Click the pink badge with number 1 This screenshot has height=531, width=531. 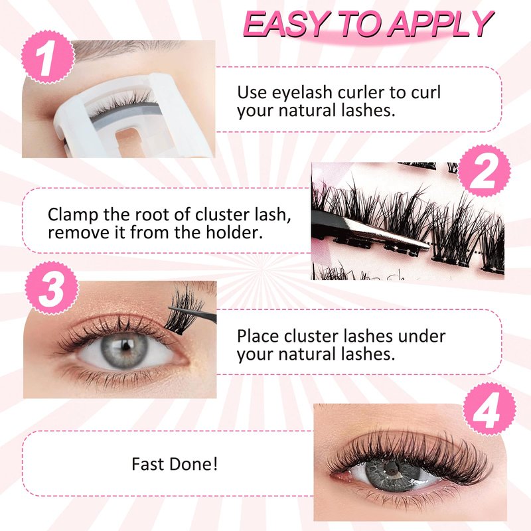pyautogui.click(x=47, y=57)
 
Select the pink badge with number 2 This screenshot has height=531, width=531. pyautogui.click(x=484, y=171)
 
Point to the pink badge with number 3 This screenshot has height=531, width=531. pyautogui.click(x=52, y=288)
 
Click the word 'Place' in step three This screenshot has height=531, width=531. pyautogui.click(x=258, y=337)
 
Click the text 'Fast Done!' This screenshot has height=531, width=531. pyautogui.click(x=175, y=464)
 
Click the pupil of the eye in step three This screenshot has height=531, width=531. pyautogui.click(x=126, y=346)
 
